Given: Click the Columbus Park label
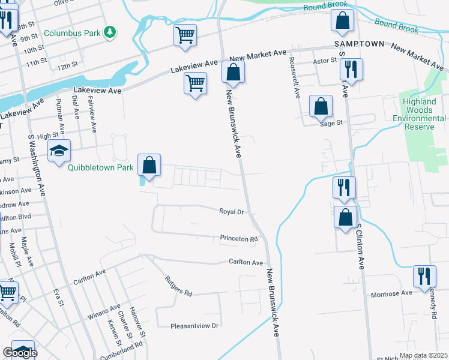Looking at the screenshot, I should [71, 33].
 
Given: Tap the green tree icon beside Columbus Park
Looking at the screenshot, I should [110, 32].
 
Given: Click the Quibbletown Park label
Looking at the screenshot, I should [100, 167].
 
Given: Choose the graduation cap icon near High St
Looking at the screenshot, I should [59, 151].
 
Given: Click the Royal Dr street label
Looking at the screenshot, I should [231, 212].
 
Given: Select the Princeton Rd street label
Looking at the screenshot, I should [238, 239].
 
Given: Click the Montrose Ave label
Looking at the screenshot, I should [391, 293].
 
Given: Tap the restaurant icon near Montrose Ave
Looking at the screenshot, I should [424, 277].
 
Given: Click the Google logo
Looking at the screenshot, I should [20, 353].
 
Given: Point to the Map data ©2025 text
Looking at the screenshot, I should [424, 356].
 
